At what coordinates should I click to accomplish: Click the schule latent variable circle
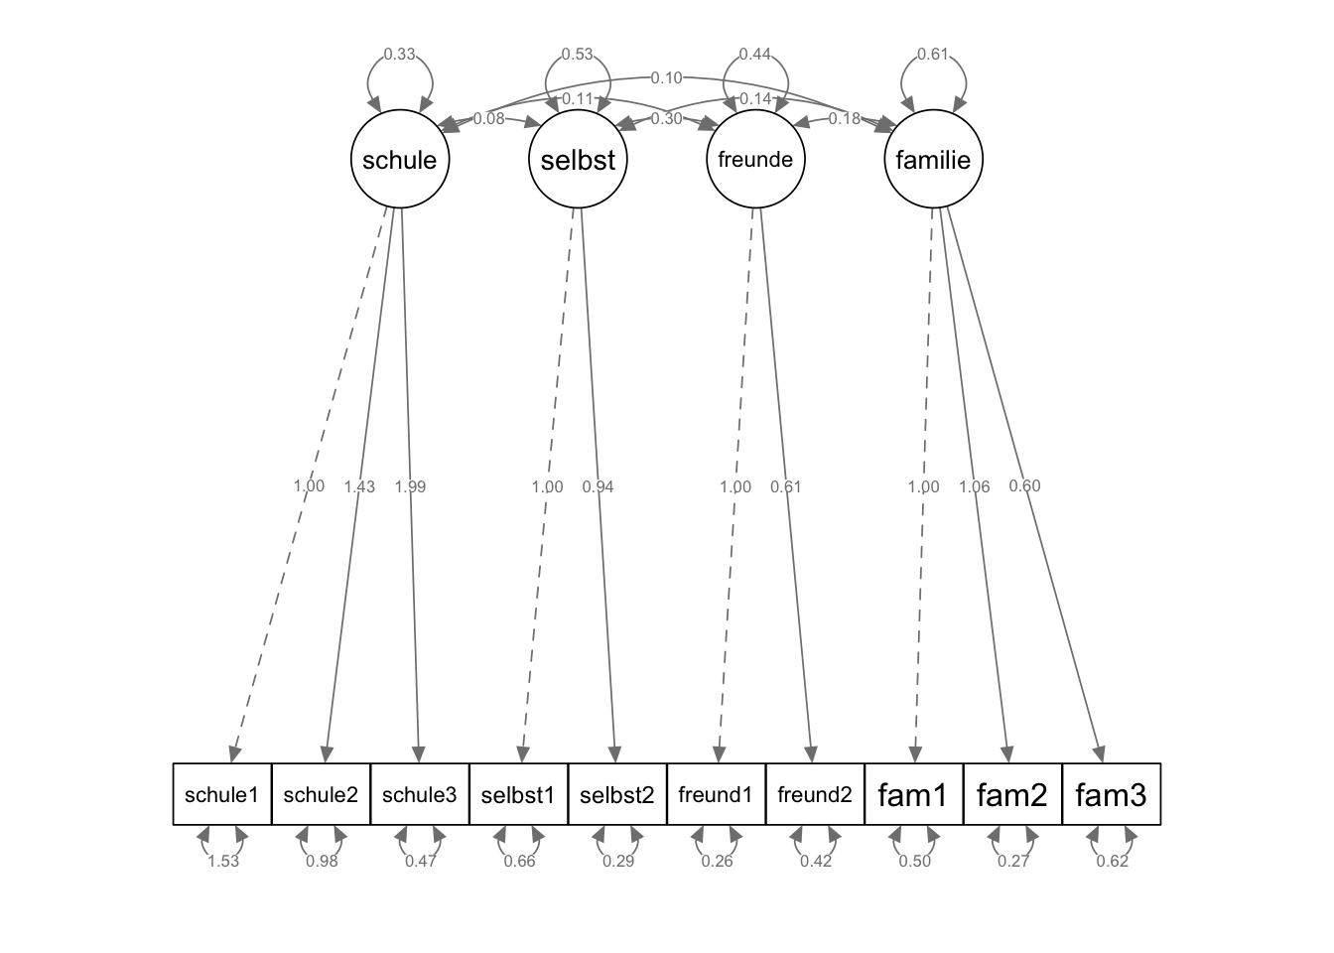click(400, 159)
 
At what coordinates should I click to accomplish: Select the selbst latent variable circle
click(578, 159)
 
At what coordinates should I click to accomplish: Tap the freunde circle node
click(755, 159)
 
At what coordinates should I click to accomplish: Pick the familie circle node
click(933, 159)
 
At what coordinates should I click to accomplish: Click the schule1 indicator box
click(222, 794)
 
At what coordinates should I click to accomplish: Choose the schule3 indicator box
click(420, 794)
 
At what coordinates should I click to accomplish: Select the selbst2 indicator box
click(617, 794)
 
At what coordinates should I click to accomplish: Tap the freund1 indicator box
click(716, 794)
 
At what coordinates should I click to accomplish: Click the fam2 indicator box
click(1012, 794)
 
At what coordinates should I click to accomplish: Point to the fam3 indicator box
click(1111, 794)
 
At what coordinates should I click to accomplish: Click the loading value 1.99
click(410, 486)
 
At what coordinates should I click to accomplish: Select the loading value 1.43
click(359, 486)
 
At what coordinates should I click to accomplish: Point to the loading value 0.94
click(598, 486)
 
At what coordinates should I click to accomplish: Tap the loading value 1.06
click(975, 486)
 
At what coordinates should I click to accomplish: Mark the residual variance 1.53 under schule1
click(223, 861)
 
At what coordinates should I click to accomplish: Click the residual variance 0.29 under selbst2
click(618, 861)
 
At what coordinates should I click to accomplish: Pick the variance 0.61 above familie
click(933, 55)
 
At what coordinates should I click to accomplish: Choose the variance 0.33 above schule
click(399, 55)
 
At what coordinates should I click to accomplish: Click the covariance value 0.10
click(666, 77)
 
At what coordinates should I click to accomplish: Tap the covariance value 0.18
click(845, 118)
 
